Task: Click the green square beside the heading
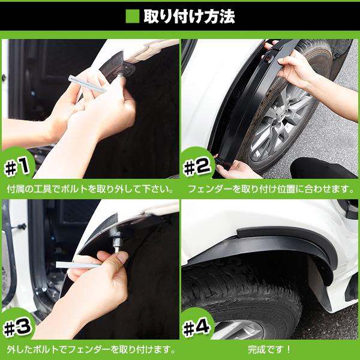(x=132, y=16)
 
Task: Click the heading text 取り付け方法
(x=188, y=16)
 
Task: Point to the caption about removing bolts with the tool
(x=90, y=188)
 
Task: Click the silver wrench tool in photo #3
(x=78, y=265)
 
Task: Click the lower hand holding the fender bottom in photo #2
(x=237, y=169)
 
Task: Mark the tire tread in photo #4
(x=240, y=294)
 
